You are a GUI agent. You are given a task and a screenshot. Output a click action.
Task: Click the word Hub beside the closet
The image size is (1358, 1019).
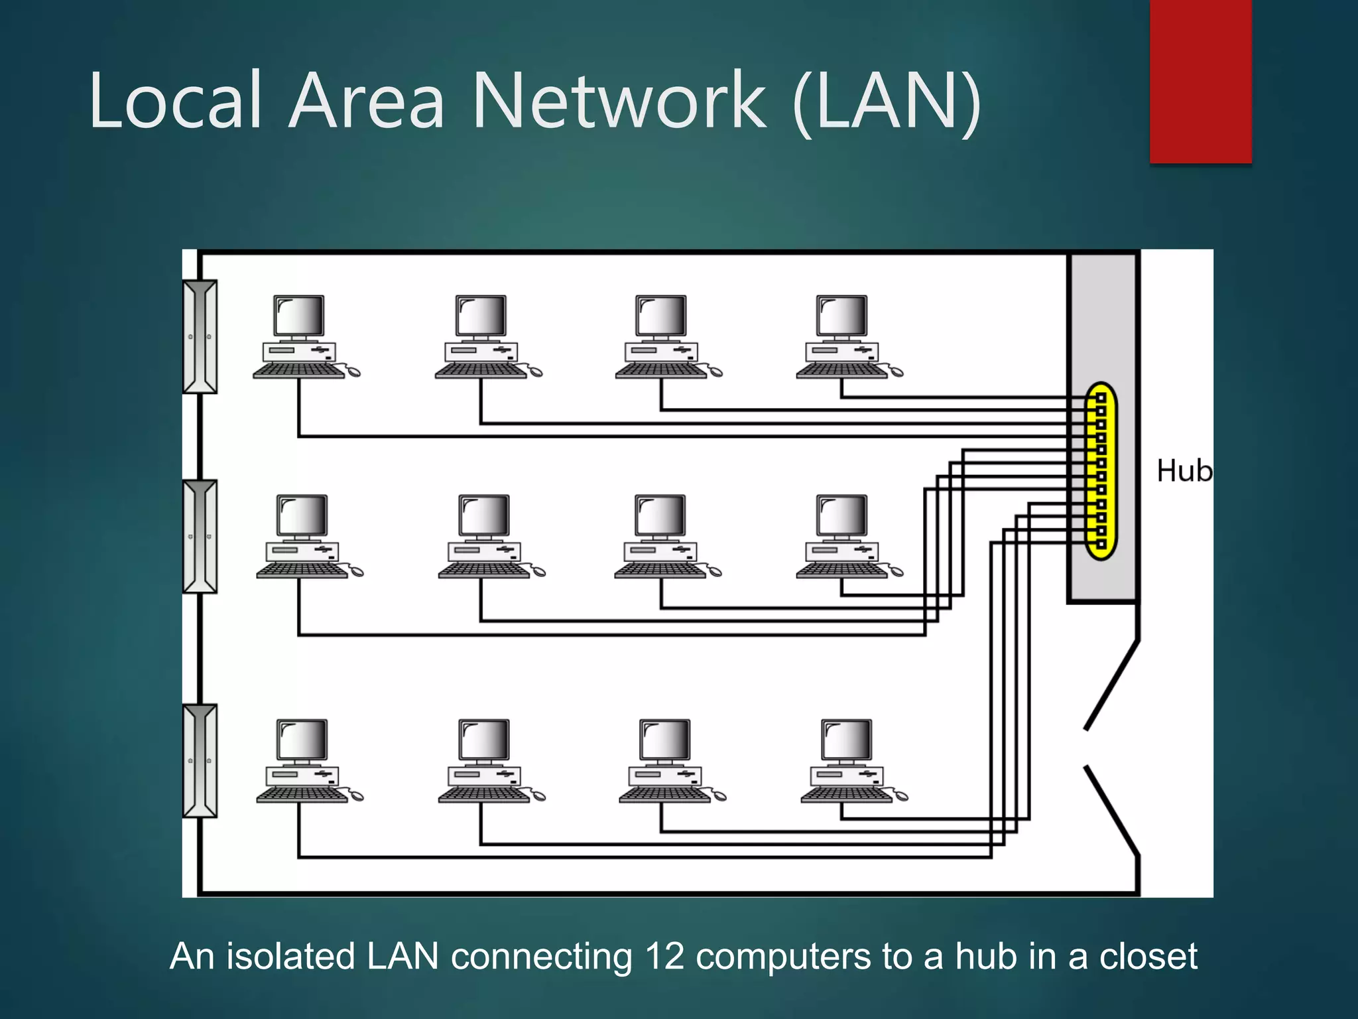tap(1184, 471)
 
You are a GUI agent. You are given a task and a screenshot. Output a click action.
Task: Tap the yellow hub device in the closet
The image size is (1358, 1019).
tap(1101, 471)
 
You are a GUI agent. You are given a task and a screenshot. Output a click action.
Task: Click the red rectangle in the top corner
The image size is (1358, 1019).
tap(1200, 81)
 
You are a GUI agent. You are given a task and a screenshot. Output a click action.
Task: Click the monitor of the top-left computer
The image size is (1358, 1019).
tap(299, 316)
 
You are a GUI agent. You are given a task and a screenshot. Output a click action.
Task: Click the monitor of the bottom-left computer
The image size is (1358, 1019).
tap(302, 740)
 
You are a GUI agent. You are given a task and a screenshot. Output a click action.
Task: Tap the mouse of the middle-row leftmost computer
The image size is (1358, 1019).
tap(356, 571)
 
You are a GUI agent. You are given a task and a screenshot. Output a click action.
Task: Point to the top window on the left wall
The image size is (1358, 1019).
tap(200, 336)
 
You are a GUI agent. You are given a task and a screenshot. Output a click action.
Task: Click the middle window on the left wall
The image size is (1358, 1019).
tap(200, 536)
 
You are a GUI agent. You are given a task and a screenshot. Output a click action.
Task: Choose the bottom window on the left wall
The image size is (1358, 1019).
tap(200, 760)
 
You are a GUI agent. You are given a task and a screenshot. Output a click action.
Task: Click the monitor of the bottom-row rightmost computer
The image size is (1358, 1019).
tap(847, 740)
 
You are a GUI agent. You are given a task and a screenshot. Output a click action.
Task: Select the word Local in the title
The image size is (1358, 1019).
tap(176, 101)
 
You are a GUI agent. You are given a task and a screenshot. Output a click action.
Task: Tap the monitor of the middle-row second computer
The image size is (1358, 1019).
tap(484, 515)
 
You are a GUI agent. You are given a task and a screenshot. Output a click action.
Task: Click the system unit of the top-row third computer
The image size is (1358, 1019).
tap(661, 352)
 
